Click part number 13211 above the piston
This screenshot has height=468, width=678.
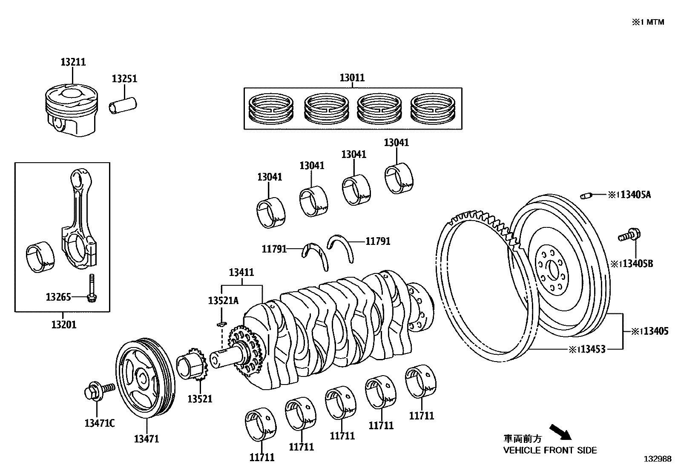(x=73, y=62)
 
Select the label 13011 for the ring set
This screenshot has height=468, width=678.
(x=352, y=78)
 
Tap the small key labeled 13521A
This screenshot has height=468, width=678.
(x=221, y=324)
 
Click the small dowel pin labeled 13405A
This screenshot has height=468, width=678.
(x=586, y=196)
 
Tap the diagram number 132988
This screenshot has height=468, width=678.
(x=657, y=459)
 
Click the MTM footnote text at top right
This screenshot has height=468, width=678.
(x=648, y=22)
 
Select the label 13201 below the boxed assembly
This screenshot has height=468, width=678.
(x=64, y=325)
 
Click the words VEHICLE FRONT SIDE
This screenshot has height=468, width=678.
(x=550, y=450)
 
